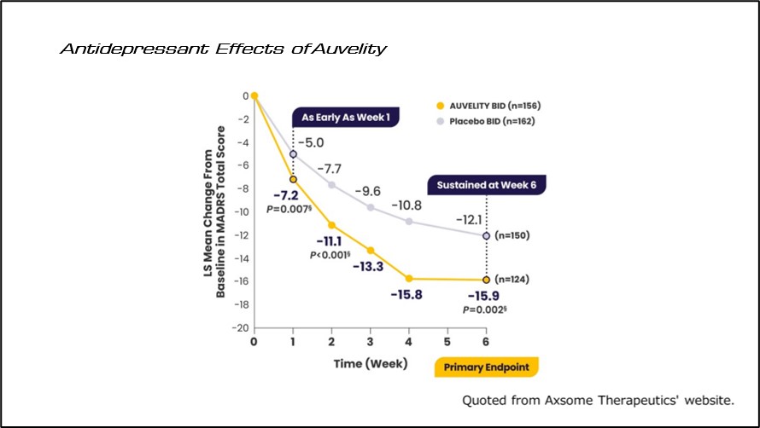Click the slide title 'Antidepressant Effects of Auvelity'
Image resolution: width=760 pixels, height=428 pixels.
pos(222,49)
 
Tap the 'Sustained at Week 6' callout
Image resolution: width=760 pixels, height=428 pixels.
pos(486,184)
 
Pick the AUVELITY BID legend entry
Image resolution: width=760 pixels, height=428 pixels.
pos(488,106)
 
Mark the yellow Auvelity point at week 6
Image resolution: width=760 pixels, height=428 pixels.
pos(487,280)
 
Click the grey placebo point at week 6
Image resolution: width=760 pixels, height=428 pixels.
pos(487,235)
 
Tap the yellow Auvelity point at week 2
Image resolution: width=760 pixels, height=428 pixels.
pos(331,225)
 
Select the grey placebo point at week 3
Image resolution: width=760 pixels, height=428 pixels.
pos(371,207)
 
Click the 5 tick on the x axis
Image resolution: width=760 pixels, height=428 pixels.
pos(448,341)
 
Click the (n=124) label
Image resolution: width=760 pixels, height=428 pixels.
pos(513,279)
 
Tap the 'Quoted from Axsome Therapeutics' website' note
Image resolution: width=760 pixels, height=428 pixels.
pos(598,400)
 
